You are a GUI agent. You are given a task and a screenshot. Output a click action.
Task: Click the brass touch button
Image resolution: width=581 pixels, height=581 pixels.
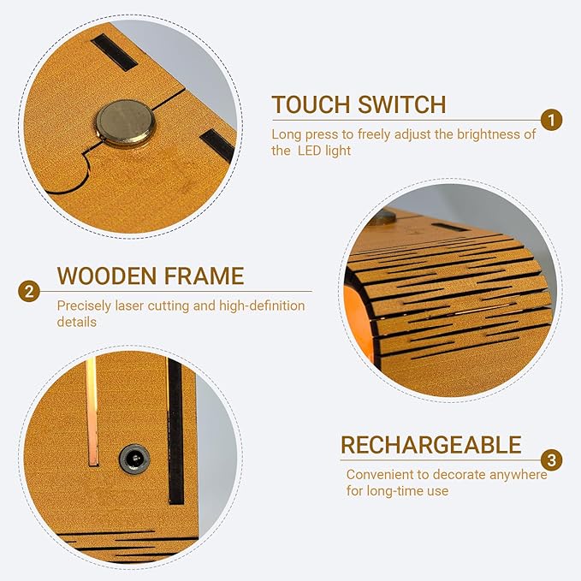tap(125, 123)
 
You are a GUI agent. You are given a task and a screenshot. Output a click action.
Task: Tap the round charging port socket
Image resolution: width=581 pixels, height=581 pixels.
tap(134, 459)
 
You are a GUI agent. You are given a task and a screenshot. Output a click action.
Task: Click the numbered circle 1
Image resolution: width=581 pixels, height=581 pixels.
tap(551, 120)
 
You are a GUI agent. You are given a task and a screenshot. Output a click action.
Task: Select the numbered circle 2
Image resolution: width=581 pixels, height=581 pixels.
tap(29, 291)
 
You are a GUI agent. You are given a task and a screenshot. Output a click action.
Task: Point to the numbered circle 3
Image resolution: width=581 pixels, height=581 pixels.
tap(551, 460)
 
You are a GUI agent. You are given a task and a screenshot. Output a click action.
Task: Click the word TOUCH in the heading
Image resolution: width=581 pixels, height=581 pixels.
tap(311, 104)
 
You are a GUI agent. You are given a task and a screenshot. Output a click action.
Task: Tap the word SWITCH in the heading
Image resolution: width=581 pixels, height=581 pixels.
tap(401, 104)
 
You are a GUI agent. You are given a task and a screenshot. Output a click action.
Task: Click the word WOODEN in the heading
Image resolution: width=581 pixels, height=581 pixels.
tap(106, 276)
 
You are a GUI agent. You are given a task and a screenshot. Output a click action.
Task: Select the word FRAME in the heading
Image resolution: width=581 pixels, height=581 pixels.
tap(204, 276)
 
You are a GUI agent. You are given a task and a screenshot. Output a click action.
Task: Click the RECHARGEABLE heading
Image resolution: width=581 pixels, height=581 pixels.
tap(431, 445)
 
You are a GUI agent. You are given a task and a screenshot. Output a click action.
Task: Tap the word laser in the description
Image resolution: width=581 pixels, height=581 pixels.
tap(129, 306)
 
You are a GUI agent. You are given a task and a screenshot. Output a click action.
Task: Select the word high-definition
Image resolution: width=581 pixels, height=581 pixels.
tap(262, 306)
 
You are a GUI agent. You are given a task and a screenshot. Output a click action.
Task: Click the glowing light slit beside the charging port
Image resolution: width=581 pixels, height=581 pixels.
tap(92, 411)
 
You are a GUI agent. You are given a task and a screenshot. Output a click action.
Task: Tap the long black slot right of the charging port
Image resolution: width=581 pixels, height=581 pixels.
tap(175, 430)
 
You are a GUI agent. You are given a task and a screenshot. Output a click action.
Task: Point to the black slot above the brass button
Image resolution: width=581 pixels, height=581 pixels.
tap(115, 52)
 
